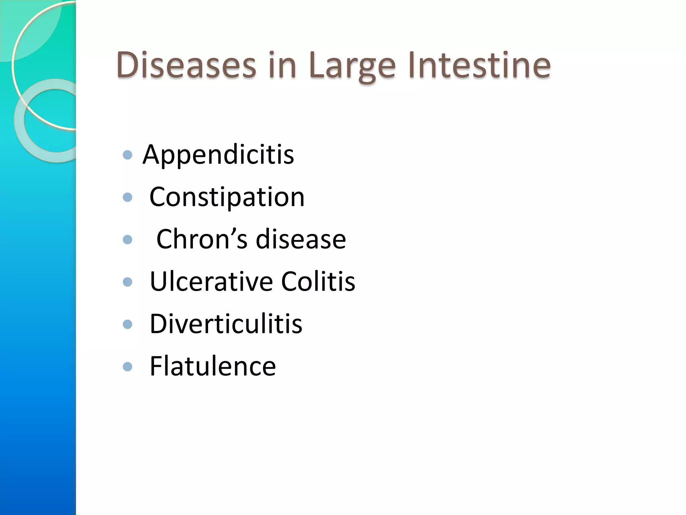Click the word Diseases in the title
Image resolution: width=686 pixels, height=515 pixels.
tap(186, 65)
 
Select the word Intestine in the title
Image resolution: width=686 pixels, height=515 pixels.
tap(479, 65)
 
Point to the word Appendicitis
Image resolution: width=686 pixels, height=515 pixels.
tap(218, 155)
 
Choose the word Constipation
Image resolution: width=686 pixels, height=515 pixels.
tap(227, 197)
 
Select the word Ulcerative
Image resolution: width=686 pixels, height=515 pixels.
tap(211, 281)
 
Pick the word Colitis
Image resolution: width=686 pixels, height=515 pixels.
tap(318, 281)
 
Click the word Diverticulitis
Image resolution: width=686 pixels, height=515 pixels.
tap(226, 324)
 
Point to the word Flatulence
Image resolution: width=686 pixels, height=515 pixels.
tap(213, 366)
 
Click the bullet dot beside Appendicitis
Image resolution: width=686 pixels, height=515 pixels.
tap(128, 155)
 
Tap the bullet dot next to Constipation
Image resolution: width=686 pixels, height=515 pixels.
tap(128, 197)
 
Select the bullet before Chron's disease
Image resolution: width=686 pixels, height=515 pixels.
tap(128, 239)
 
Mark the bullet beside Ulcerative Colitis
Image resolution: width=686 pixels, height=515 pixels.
tap(128, 282)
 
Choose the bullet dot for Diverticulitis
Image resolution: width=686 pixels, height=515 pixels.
tap(128, 324)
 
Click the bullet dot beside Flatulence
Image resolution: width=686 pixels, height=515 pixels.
tap(128, 366)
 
